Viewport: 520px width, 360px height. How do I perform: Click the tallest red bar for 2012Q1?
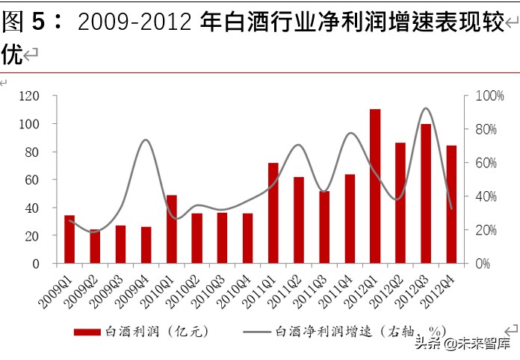(375, 187)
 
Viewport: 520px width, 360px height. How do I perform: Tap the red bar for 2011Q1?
(273, 214)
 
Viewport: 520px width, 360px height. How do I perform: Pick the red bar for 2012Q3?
(426, 194)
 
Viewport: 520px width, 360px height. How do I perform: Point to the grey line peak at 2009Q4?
(146, 140)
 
